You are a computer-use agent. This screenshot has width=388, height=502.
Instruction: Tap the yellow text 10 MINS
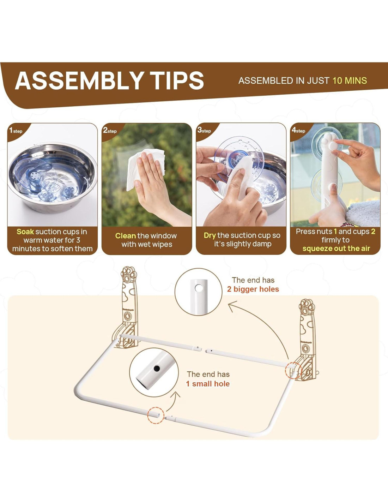click(x=350, y=80)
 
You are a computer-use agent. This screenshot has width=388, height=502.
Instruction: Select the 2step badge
click(x=110, y=131)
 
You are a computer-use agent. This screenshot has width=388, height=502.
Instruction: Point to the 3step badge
click(x=204, y=131)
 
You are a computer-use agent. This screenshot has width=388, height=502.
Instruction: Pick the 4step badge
click(x=298, y=131)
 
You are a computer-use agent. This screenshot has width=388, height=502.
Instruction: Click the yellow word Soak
click(x=25, y=232)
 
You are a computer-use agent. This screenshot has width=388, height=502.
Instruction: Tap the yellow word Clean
click(x=125, y=236)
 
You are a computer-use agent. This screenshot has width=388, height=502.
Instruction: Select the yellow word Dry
click(x=210, y=235)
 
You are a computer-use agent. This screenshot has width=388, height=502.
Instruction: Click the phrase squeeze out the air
click(x=336, y=249)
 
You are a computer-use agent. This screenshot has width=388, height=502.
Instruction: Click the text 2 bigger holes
click(x=253, y=289)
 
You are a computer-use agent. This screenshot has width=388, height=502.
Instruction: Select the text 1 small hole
click(x=208, y=384)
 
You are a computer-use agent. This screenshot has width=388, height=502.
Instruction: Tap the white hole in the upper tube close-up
click(x=199, y=288)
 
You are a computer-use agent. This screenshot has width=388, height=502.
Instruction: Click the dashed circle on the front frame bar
click(x=156, y=416)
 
